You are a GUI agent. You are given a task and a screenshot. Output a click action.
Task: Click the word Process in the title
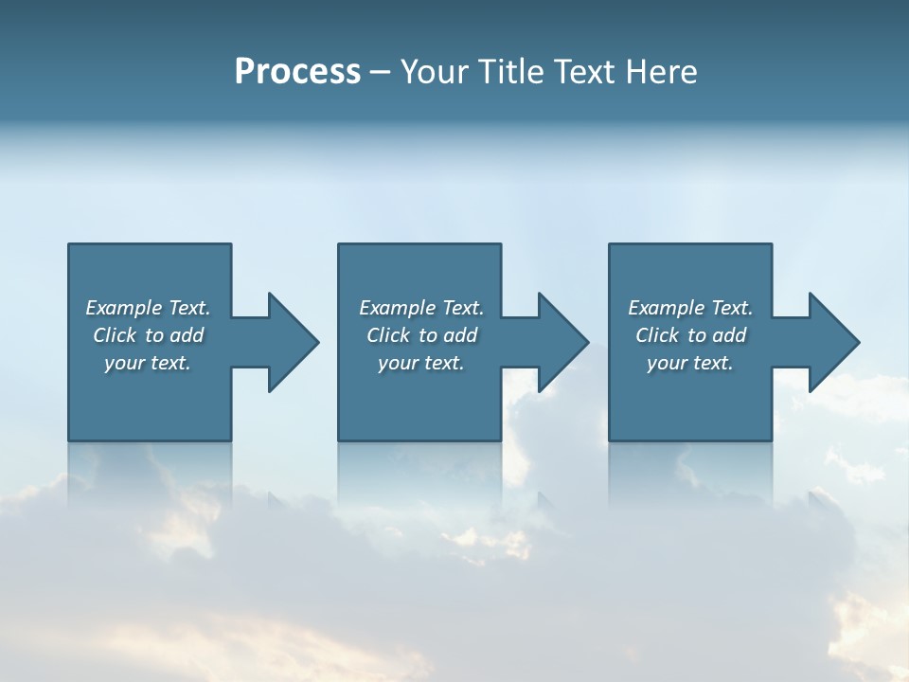(x=297, y=72)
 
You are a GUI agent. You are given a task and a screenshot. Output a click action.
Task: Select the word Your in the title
(x=435, y=72)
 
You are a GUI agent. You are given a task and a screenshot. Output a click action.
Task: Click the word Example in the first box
(x=124, y=308)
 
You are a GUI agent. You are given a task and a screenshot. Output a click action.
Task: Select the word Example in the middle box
(x=398, y=308)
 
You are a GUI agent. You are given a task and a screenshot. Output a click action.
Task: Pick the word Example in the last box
(x=667, y=308)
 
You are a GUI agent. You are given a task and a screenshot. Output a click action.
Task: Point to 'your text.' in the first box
(x=148, y=363)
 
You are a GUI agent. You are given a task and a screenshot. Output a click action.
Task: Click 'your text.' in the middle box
(x=421, y=363)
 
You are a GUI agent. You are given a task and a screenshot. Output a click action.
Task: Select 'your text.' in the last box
(x=690, y=363)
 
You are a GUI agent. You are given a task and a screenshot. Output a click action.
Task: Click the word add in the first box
(x=187, y=335)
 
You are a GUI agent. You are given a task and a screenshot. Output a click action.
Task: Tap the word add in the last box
(x=730, y=335)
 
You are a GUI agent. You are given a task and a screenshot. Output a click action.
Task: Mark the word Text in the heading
(x=584, y=72)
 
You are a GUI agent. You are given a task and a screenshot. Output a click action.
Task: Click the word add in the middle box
(x=461, y=335)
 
